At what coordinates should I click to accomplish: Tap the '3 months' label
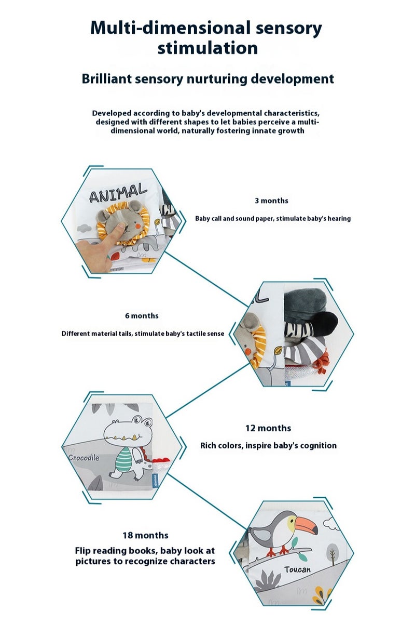[271, 201]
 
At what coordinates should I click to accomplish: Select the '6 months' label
[142, 315]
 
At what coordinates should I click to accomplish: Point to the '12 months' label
[268, 428]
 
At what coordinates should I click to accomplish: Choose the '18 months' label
[145, 535]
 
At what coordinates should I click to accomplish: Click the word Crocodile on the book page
[84, 458]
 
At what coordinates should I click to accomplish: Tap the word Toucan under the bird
[297, 569]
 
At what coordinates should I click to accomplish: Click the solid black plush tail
[325, 322]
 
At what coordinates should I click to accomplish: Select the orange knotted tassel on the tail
[323, 362]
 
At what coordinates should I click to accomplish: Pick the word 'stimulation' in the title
[208, 48]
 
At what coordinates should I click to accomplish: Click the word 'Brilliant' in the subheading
[106, 79]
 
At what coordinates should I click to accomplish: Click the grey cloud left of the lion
[84, 229]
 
